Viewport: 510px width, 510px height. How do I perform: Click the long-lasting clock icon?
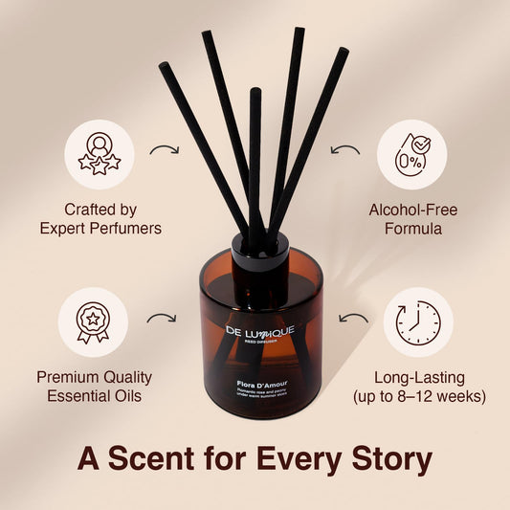[417, 322]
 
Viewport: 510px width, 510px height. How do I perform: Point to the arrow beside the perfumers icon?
[166, 149]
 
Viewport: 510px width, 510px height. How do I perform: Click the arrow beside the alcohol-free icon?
[344, 149]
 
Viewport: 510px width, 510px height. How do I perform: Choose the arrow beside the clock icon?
[353, 317]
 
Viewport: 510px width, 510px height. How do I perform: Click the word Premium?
[67, 376]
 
